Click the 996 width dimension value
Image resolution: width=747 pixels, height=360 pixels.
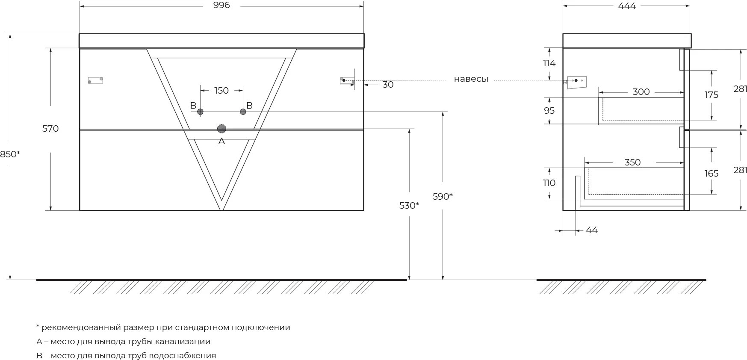point(221,5)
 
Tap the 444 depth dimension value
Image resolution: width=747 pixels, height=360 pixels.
point(627,6)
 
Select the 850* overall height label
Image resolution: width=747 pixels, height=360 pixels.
point(10,154)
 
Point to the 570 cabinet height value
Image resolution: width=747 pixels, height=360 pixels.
point(50,128)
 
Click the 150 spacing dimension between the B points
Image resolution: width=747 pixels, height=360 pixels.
point(221,91)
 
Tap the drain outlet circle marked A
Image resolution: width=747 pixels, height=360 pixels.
point(221,129)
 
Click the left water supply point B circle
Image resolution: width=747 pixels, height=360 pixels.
point(200,112)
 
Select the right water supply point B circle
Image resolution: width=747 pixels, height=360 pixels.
point(243,112)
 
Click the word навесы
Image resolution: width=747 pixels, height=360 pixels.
point(471,79)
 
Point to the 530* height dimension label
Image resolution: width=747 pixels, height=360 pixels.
point(409,205)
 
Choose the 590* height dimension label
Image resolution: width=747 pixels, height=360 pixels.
point(443,196)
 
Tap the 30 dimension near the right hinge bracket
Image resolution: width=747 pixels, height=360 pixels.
point(388,85)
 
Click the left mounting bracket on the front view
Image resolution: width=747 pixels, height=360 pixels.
point(95,80)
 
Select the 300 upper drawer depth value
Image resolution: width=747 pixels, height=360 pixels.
point(641,91)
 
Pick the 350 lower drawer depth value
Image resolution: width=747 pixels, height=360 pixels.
point(632,162)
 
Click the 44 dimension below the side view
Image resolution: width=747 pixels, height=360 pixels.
point(591,230)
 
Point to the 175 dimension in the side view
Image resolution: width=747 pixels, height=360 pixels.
point(712,94)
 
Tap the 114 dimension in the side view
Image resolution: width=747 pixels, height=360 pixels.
point(549,63)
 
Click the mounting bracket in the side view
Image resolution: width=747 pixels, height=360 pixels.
point(577,81)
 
